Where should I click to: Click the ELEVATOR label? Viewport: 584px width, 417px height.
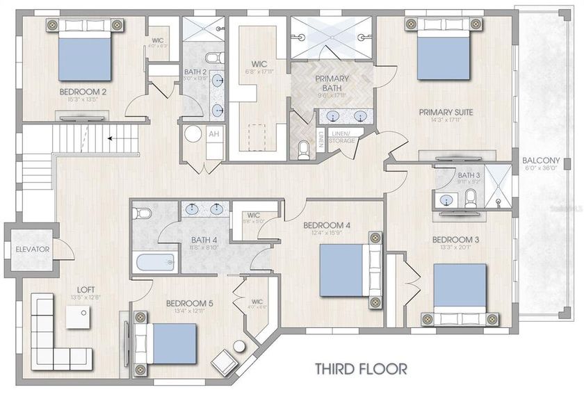click(x=32, y=249)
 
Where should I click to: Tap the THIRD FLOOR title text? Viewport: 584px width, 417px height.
click(x=361, y=368)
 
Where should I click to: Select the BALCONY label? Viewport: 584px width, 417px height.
click(x=541, y=161)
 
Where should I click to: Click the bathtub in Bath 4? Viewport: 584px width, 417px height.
click(x=154, y=262)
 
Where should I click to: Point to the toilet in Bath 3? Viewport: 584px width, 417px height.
click(x=470, y=197)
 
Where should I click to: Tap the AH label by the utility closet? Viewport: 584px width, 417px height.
click(x=213, y=134)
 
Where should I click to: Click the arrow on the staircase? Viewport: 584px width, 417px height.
click(x=110, y=139)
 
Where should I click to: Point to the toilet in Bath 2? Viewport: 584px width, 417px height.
click(x=214, y=58)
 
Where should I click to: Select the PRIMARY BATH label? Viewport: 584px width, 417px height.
click(x=332, y=83)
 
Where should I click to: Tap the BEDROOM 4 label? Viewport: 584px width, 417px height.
click(x=327, y=225)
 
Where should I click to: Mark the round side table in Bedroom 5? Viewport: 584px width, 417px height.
click(x=240, y=346)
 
